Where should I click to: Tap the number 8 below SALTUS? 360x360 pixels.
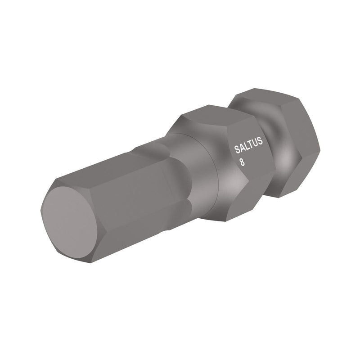[x=243, y=162]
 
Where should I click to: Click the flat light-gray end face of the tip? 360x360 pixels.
[x=67, y=222]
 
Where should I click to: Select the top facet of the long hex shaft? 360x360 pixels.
[x=112, y=166]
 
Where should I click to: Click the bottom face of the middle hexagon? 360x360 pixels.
[x=238, y=207]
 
